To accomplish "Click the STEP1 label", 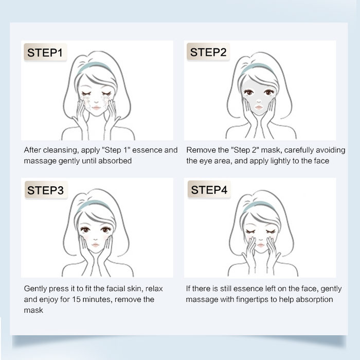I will click(45, 52).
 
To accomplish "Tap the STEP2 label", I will click(208, 52).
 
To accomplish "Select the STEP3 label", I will click(45, 190).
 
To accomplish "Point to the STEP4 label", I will click(209, 190).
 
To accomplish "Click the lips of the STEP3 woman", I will click(96, 245).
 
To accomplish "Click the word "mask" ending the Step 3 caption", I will click(33, 310).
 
